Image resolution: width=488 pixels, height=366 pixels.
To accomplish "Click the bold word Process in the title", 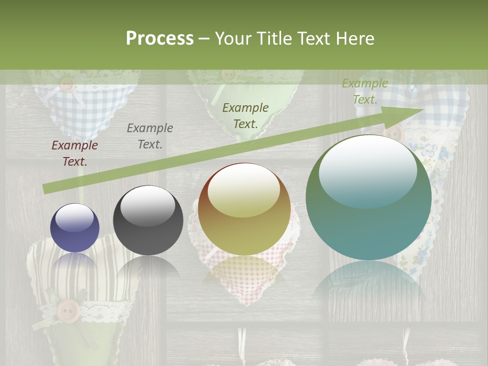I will click(160, 39).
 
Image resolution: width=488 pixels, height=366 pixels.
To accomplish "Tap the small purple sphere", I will click(75, 228).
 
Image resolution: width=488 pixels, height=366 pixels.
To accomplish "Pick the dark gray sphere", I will click(148, 221).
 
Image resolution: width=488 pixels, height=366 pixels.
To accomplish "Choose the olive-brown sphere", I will click(245, 209).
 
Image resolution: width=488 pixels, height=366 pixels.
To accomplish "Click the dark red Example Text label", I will click(75, 154).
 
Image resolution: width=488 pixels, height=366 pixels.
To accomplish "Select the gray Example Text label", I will click(150, 136).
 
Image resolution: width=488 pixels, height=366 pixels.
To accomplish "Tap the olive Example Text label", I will click(246, 115).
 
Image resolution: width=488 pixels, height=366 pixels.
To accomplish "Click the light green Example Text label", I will click(364, 91).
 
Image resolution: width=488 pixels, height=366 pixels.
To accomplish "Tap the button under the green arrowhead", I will click(394, 134).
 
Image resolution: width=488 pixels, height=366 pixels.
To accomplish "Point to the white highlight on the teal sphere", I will click(368, 170).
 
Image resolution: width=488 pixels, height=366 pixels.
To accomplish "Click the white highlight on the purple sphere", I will click(74, 218).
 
